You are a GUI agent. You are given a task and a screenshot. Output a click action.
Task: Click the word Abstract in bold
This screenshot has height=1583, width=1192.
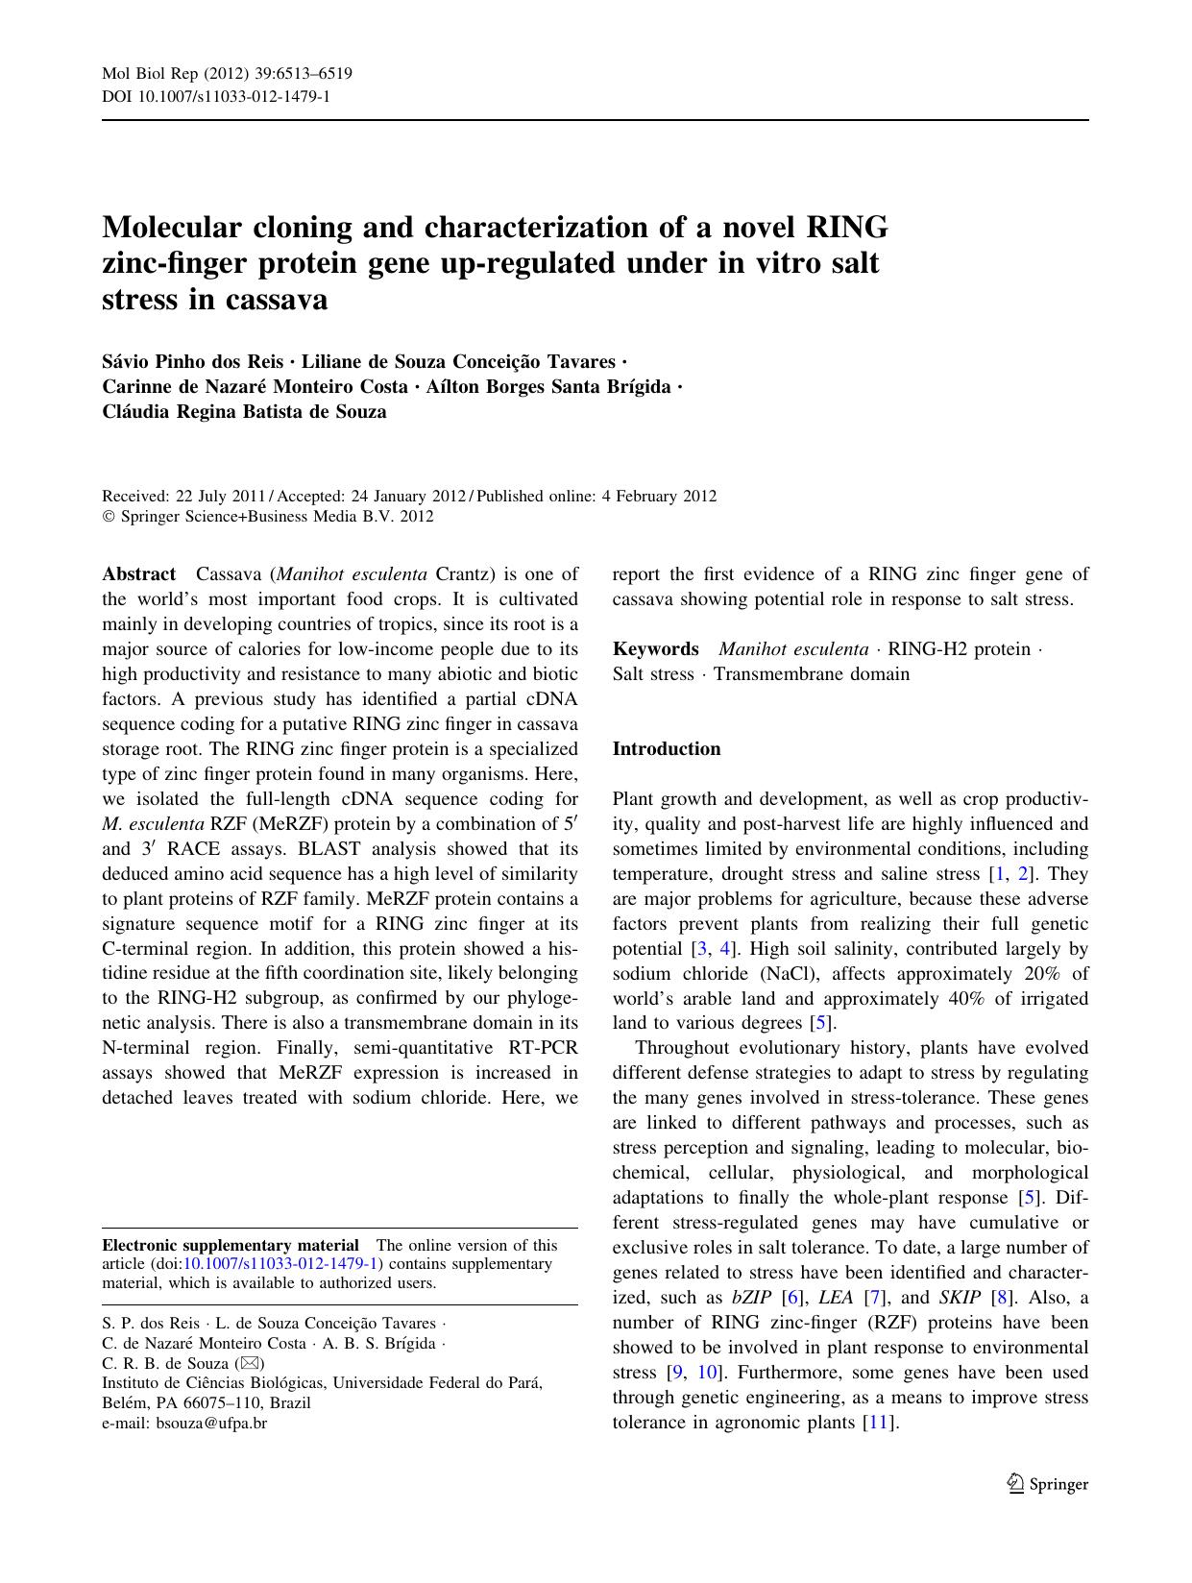pos(138,574)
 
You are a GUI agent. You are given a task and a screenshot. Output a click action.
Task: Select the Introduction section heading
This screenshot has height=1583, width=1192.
pos(666,749)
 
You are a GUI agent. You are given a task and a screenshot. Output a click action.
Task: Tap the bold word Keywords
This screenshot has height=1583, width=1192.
pos(655,649)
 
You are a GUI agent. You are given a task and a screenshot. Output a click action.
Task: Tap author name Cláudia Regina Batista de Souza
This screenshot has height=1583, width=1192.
pos(244,412)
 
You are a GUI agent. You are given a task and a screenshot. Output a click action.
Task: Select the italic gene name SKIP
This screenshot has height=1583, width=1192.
pos(960,1298)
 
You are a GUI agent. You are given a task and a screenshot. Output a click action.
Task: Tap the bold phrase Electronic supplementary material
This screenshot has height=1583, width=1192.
pos(231,1246)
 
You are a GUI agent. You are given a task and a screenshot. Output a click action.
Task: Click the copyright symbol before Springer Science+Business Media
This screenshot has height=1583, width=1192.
pos(108,517)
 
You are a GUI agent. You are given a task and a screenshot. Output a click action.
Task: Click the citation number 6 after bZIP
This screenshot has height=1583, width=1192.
pos(792,1298)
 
